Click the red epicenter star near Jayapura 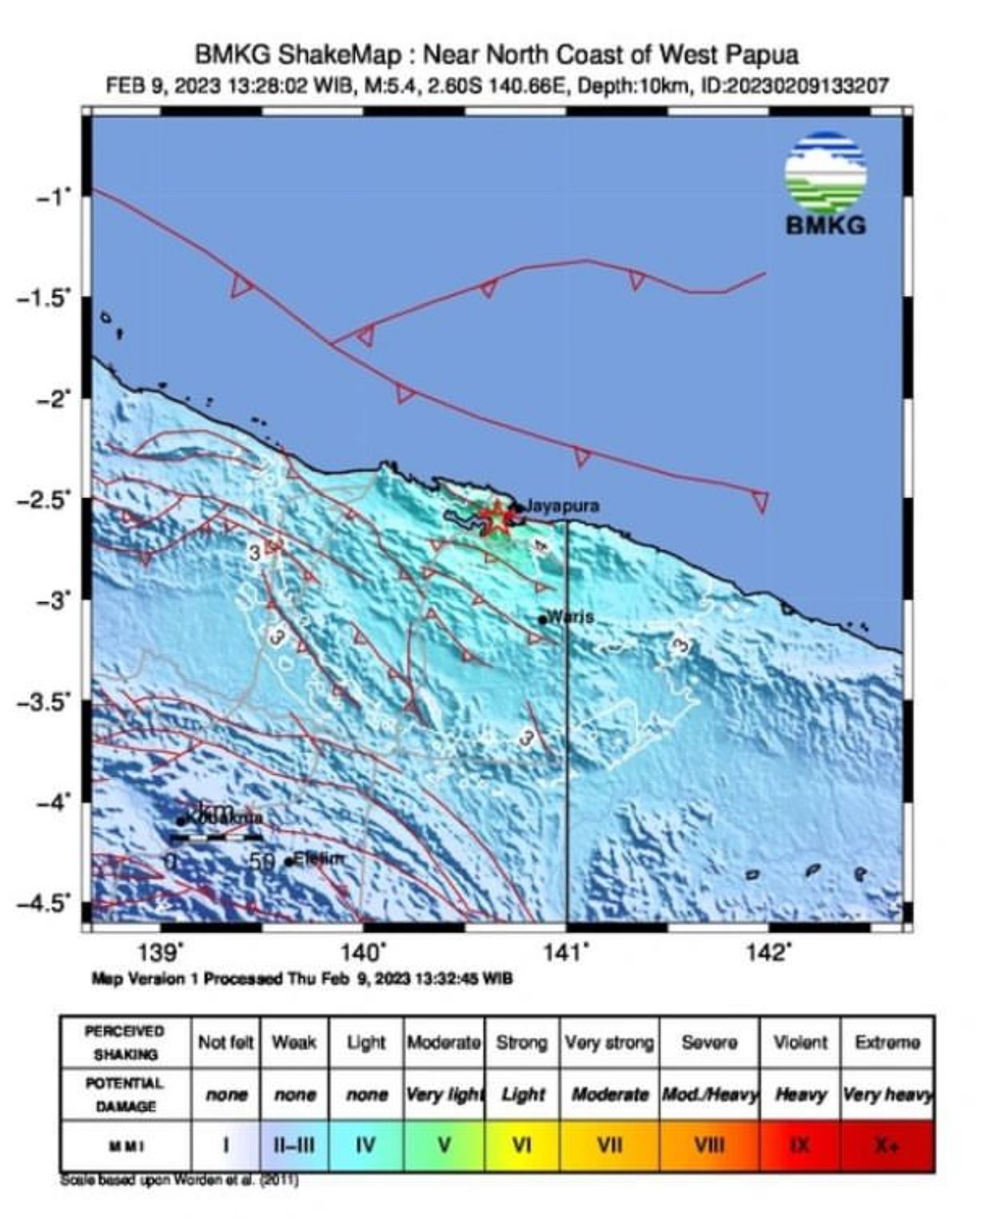[496, 518]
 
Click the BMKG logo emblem [825, 173]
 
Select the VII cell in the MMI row [609, 1146]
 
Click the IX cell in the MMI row [799, 1146]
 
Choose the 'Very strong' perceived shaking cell [609, 1043]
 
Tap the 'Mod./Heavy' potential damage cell [709, 1094]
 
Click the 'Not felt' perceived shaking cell [225, 1043]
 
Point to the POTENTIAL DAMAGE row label [125, 1094]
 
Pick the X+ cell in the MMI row [887, 1146]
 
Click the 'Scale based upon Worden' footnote [179, 1180]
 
